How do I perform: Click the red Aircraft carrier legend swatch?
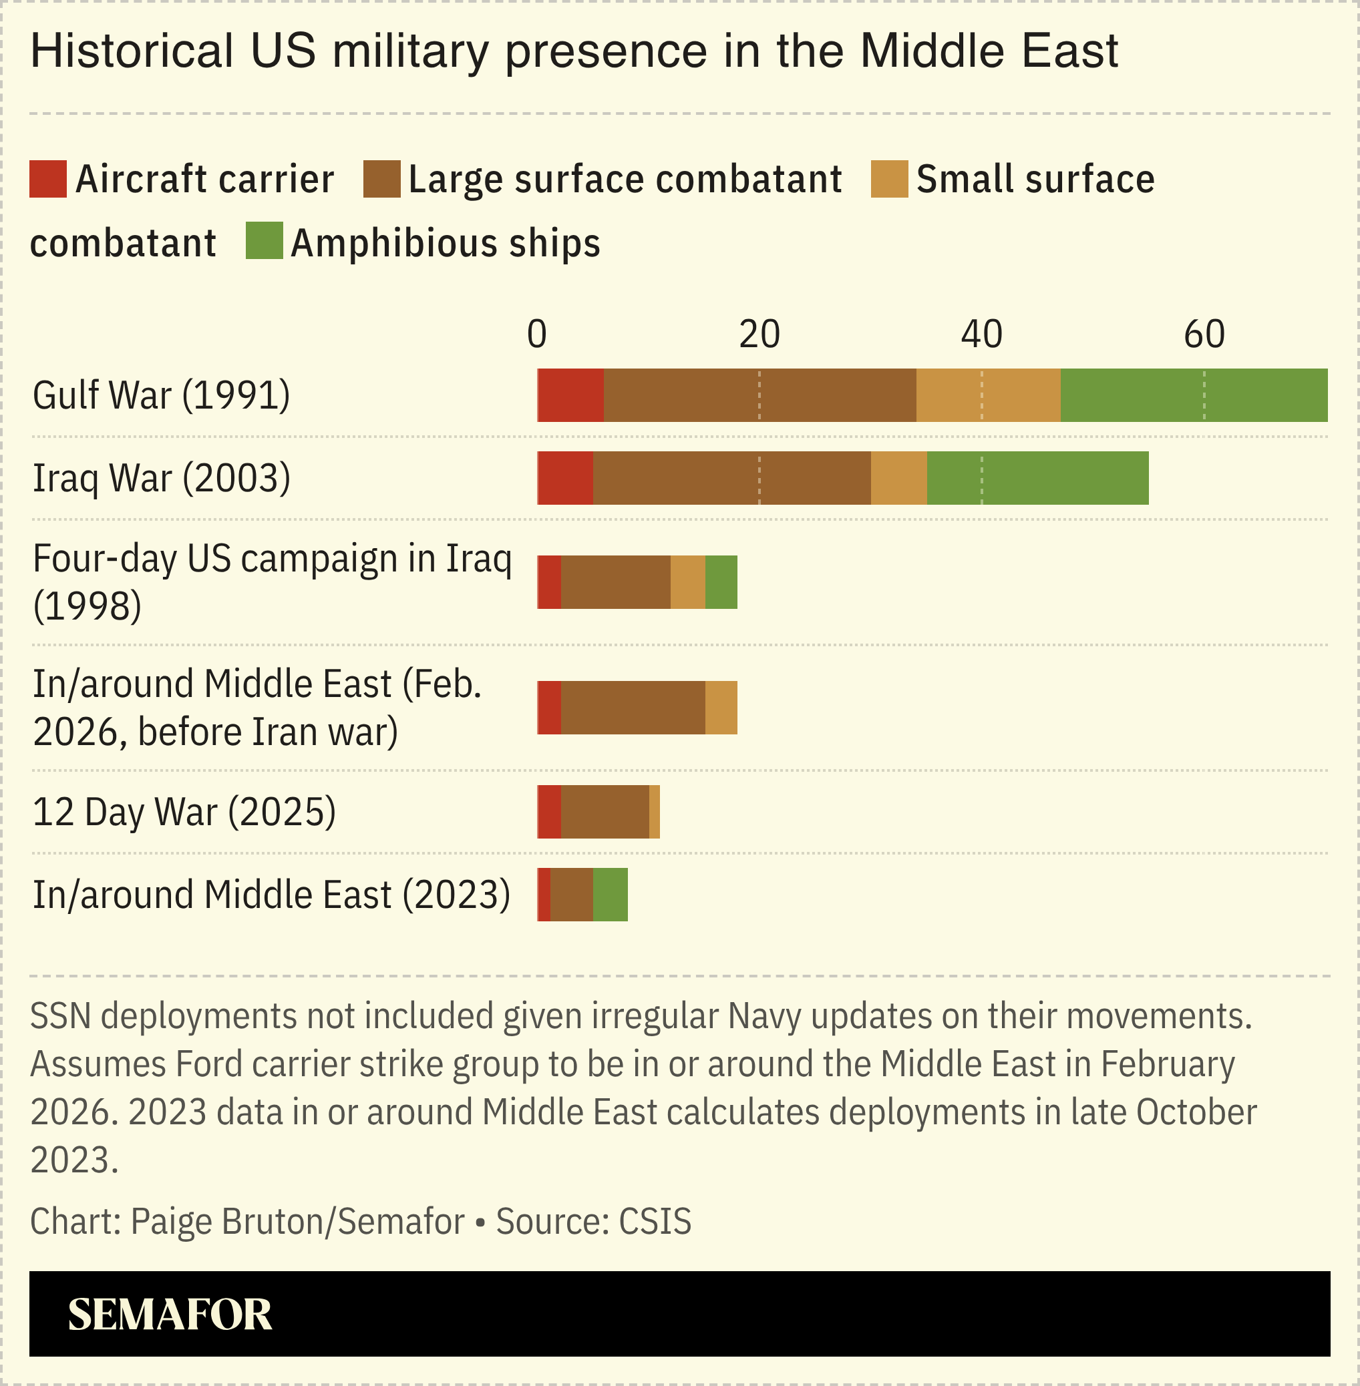coord(48,178)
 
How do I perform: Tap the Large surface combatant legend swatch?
coord(381,178)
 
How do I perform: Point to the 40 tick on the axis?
coord(981,334)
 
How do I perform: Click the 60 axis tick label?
coord(1204,334)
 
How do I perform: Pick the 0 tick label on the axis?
coord(536,334)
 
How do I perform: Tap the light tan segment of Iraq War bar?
coord(898,478)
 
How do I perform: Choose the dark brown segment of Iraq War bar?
coord(731,478)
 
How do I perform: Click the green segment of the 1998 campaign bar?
coord(721,582)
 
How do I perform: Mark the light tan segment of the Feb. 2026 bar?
coord(721,708)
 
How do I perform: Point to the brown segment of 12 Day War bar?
coord(605,812)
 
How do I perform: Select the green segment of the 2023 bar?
coord(610,895)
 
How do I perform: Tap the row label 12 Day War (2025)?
coord(184,812)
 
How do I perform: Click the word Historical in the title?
coord(132,51)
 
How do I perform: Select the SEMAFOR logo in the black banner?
coord(170,1315)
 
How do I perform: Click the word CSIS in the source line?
coord(655,1221)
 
